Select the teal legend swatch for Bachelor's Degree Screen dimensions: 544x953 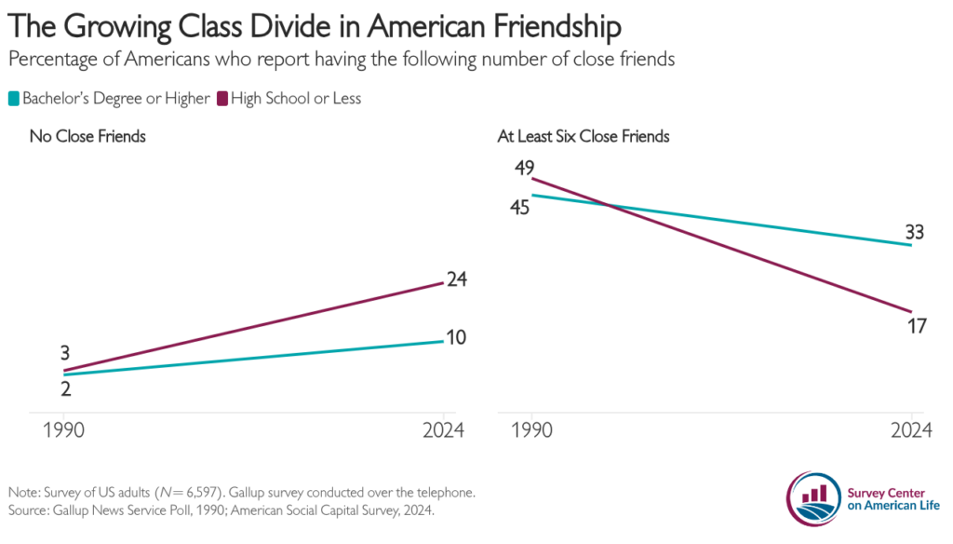pos(14,98)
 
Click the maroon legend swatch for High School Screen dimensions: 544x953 pos(223,98)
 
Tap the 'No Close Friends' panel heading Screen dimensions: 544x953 pos(87,137)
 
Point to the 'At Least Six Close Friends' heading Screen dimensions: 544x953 pos(584,137)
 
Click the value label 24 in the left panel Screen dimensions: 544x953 pos(455,279)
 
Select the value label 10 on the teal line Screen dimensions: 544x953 pos(455,337)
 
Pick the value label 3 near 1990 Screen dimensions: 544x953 pos(66,353)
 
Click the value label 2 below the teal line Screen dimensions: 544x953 pos(66,389)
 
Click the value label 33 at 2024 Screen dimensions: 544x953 pos(914,233)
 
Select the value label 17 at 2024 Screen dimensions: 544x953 pos(914,325)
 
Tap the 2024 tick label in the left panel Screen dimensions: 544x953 pos(444,430)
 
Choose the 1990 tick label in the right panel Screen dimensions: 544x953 pos(531,430)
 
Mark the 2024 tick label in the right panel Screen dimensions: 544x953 pos(910,430)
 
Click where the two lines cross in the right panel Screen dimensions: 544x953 pos(609,205)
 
